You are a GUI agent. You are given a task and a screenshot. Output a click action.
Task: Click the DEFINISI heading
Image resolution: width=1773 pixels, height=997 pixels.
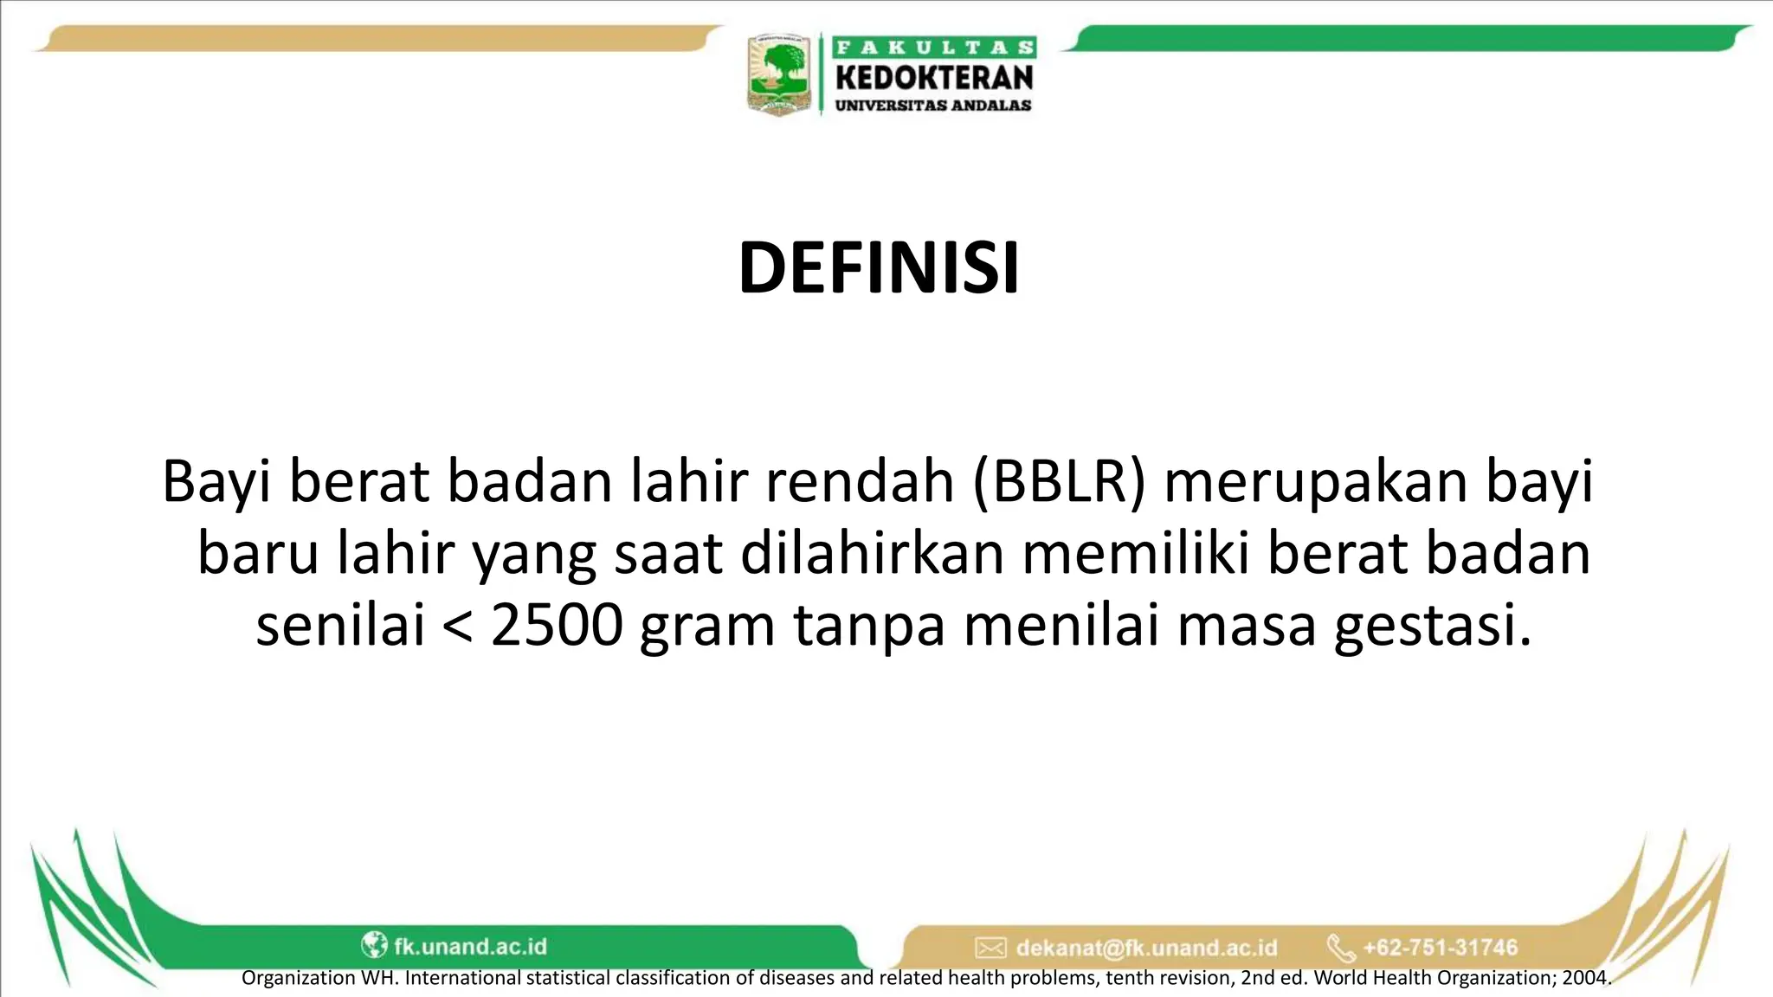click(879, 268)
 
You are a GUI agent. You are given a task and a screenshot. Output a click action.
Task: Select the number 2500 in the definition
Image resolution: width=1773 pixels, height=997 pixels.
click(557, 626)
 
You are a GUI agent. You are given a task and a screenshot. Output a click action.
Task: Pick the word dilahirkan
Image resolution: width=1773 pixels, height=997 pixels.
click(872, 554)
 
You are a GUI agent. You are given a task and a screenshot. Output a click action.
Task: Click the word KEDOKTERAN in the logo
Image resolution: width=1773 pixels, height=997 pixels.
click(934, 78)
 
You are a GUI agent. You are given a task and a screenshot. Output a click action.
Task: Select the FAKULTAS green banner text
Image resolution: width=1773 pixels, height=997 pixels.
click(934, 48)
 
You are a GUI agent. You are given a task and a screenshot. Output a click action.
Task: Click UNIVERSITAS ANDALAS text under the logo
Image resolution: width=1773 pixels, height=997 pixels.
click(933, 106)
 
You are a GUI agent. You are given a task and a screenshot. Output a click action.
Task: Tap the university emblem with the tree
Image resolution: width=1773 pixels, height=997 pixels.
click(778, 75)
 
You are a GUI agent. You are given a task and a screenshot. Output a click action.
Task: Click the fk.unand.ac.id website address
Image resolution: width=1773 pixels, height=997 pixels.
click(470, 946)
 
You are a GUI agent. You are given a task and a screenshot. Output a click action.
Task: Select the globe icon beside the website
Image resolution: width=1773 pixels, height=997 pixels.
click(374, 945)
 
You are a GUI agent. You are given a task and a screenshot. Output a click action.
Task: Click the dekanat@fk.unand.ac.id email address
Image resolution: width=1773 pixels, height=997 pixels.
click(1146, 948)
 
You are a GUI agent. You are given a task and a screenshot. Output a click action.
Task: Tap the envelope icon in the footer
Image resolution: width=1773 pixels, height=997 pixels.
click(990, 948)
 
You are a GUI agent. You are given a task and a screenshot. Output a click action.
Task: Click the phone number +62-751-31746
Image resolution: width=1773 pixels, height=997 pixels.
click(1441, 948)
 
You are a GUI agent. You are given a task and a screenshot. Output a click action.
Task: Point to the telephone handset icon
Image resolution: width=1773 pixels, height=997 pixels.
click(1340, 948)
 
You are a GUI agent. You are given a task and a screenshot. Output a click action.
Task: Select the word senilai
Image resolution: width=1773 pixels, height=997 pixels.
click(340, 626)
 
